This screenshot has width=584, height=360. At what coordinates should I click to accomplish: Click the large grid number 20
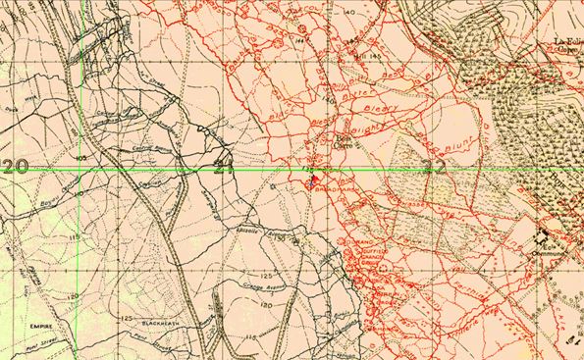click(x=15, y=166)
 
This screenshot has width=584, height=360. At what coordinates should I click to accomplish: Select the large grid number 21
click(x=223, y=166)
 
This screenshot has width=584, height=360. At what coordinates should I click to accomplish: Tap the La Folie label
click(x=566, y=40)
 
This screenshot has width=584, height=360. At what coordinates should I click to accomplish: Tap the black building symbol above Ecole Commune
click(x=543, y=234)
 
